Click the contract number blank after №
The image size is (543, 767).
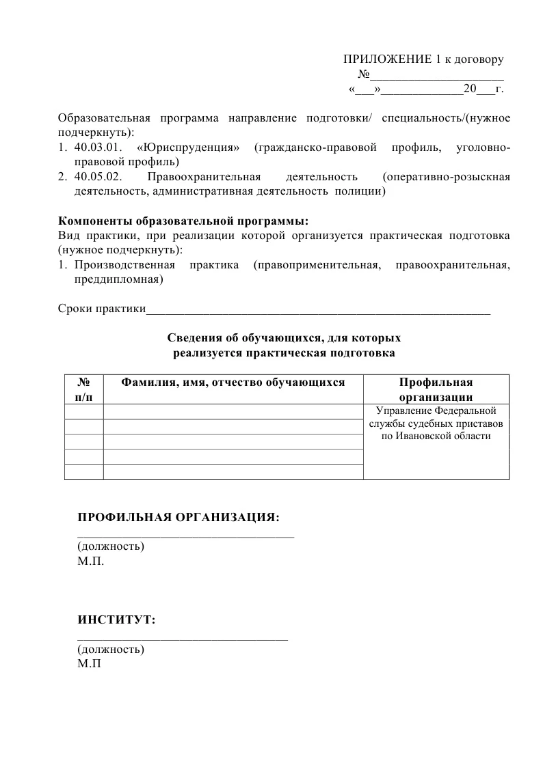click(437, 74)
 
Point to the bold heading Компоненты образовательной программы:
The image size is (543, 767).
click(183, 222)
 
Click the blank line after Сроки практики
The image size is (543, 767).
click(319, 311)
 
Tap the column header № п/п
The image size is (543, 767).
click(83, 389)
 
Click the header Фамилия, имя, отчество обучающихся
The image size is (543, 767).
click(233, 382)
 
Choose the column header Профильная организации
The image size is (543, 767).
click(436, 389)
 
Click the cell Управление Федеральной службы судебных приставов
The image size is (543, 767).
click(436, 423)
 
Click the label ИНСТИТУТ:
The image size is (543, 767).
click(116, 620)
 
